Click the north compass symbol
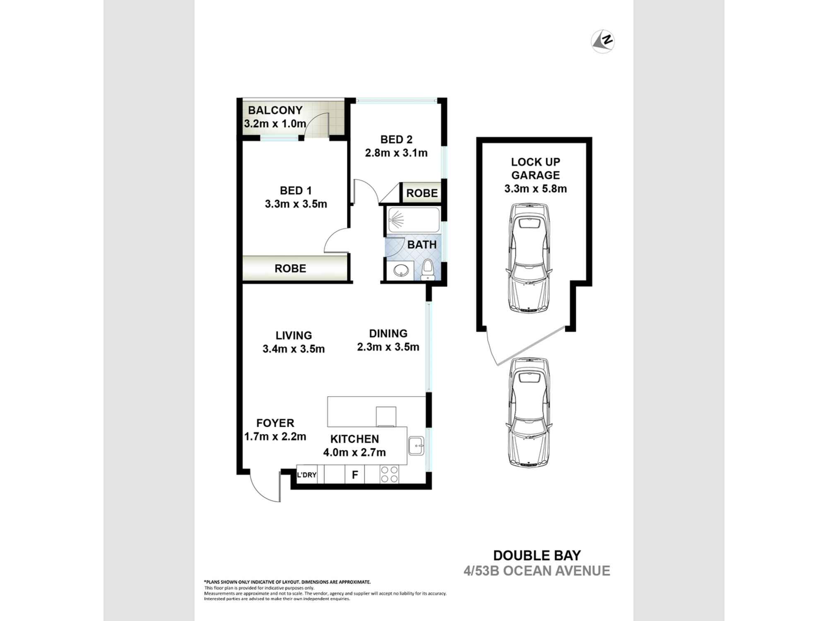click(602, 41)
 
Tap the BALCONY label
click(275, 111)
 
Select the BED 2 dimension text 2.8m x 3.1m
click(396, 153)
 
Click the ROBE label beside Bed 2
click(421, 193)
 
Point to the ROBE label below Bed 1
click(290, 269)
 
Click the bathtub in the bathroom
click(414, 220)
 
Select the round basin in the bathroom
click(401, 271)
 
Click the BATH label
click(422, 245)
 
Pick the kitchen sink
click(416, 446)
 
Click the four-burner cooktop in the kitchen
click(389, 474)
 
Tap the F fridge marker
click(355, 475)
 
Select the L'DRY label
click(306, 475)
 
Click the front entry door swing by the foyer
click(265, 489)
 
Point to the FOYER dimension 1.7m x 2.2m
click(275, 437)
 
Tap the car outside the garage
click(529, 412)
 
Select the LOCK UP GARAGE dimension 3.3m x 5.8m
click(535, 189)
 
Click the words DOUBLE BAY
click(537, 555)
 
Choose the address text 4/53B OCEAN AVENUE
click(537, 571)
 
